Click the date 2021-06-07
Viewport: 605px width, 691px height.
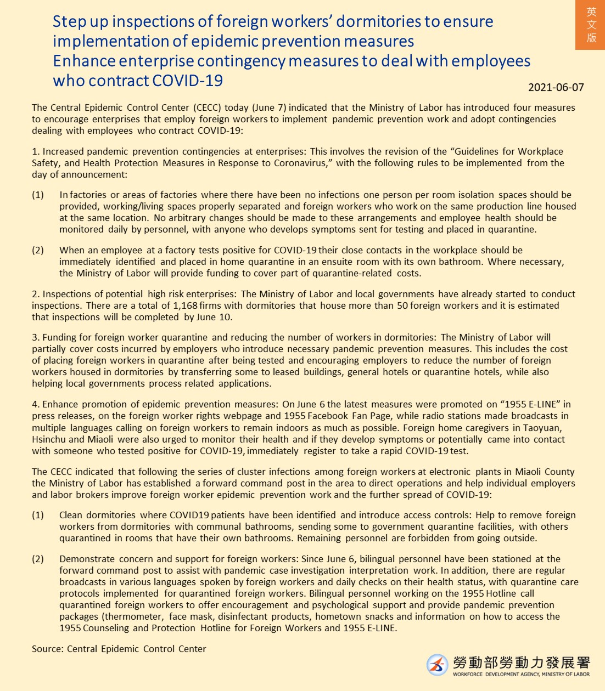(556, 87)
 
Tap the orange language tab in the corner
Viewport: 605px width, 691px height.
(591, 25)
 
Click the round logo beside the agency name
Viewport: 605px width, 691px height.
(438, 665)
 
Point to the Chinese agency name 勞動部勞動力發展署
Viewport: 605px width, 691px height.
(521, 662)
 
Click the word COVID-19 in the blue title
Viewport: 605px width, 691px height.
(187, 81)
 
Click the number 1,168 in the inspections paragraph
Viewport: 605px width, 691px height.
(185, 305)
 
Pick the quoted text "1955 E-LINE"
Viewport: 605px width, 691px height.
(531, 404)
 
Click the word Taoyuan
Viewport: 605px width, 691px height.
(542, 428)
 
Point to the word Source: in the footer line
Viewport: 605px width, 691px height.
(48, 649)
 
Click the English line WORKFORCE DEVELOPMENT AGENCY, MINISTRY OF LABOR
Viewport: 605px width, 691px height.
(521, 675)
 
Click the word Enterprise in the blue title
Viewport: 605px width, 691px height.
(155, 61)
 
